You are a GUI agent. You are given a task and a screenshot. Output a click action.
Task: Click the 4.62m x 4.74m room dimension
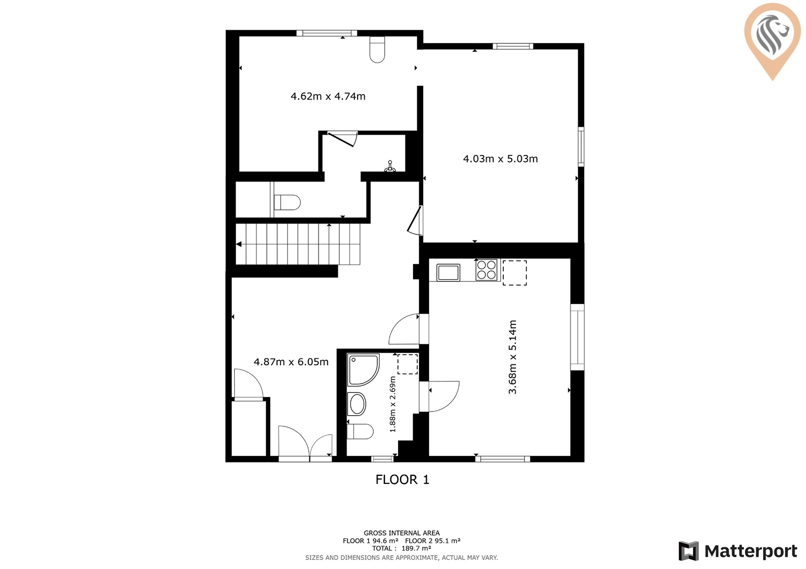328,96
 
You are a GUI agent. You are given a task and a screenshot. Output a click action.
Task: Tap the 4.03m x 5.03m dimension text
500,159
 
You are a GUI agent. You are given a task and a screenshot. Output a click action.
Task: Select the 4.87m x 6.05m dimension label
291,362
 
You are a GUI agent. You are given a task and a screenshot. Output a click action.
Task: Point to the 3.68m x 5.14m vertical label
512,357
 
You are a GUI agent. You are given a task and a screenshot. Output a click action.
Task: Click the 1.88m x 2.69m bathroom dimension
392,404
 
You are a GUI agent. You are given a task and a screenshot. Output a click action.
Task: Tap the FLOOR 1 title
402,479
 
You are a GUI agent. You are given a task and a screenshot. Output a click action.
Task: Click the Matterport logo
738,551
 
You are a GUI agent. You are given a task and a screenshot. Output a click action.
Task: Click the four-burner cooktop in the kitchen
486,270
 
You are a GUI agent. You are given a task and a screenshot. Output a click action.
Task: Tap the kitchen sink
448,273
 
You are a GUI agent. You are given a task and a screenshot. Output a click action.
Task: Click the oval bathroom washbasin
357,404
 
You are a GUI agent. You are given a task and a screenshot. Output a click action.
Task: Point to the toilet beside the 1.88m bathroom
360,431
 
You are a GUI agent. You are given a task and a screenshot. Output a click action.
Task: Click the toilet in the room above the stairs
287,202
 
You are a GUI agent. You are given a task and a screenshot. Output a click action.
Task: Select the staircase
298,245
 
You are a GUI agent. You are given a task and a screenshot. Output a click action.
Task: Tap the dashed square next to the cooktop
514,273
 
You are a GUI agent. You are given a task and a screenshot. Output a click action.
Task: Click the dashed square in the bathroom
408,364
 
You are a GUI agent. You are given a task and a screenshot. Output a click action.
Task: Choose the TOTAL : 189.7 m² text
401,548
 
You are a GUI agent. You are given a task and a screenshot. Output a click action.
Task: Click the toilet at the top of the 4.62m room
377,50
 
